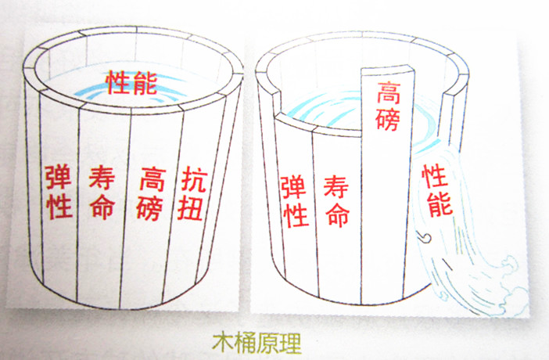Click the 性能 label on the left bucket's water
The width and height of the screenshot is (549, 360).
(x=131, y=83)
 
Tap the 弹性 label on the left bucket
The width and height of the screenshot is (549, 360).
(x=59, y=193)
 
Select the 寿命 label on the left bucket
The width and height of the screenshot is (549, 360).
(x=102, y=193)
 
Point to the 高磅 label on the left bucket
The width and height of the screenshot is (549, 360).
(x=151, y=193)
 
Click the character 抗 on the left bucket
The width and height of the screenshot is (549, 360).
(x=194, y=179)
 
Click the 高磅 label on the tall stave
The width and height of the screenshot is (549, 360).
(x=388, y=106)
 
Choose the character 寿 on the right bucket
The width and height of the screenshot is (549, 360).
(x=336, y=188)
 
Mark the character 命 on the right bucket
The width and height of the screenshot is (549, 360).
(x=338, y=214)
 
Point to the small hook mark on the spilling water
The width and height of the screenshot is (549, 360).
(x=424, y=237)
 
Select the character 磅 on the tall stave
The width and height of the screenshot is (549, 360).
(x=388, y=120)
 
